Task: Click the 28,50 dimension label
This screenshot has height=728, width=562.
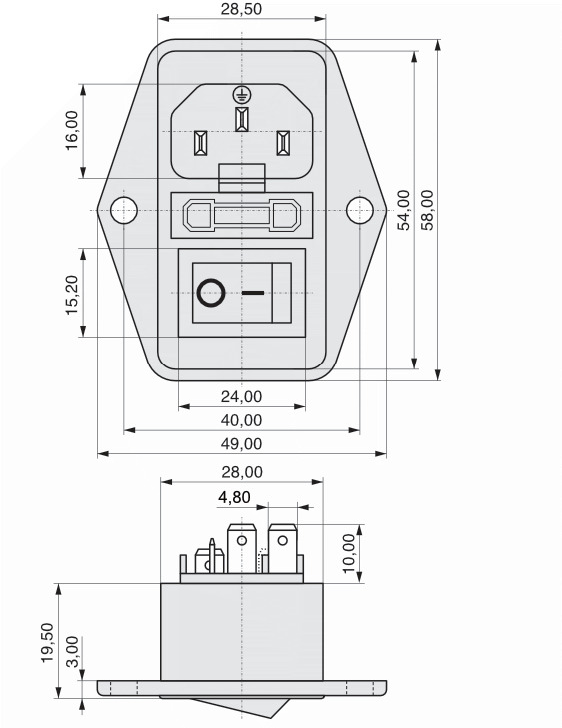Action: pyautogui.click(x=241, y=9)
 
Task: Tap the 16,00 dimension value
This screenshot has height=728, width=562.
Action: pyautogui.click(x=72, y=130)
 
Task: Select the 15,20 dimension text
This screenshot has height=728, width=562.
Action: pyautogui.click(x=72, y=296)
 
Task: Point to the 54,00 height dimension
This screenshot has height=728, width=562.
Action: pyautogui.click(x=404, y=210)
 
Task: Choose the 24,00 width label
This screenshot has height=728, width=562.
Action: pyautogui.click(x=241, y=397)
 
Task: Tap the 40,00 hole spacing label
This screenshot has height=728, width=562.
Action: pyautogui.click(x=241, y=420)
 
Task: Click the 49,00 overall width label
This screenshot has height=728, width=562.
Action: pyautogui.click(x=241, y=444)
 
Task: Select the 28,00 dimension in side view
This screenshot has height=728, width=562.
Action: pyautogui.click(x=242, y=472)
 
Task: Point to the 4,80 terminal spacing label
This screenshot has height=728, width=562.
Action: pyautogui.click(x=234, y=497)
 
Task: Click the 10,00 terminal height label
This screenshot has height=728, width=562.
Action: pyautogui.click(x=348, y=553)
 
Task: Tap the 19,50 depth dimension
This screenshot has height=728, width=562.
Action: pyautogui.click(x=47, y=643)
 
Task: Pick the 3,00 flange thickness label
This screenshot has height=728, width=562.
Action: pyautogui.click(x=73, y=651)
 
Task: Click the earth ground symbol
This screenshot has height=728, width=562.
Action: pyautogui.click(x=241, y=95)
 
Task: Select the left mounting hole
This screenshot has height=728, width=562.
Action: pyautogui.click(x=124, y=210)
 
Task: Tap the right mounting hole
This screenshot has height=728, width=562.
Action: pyautogui.click(x=359, y=210)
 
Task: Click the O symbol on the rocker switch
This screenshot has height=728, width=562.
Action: pyautogui.click(x=211, y=293)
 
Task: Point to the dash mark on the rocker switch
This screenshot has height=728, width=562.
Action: pyautogui.click(x=253, y=293)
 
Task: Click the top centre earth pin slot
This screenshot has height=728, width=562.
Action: pyautogui.click(x=241, y=119)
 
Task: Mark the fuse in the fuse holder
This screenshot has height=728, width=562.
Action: pyautogui.click(x=241, y=215)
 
